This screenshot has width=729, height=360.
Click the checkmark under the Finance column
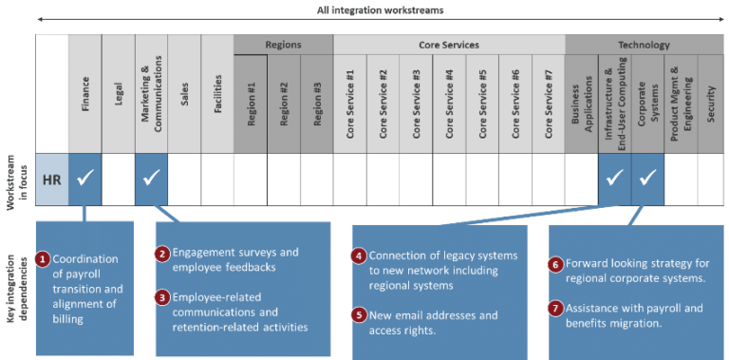pos(85,176)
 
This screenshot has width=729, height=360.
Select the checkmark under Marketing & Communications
pos(151,176)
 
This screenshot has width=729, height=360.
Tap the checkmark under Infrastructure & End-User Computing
pos(614,176)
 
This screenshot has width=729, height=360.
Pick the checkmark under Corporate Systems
pos(647,176)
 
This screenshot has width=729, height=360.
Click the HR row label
pos(52,176)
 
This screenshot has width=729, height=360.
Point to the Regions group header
pos(283,45)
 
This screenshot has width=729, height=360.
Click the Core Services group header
pos(448,45)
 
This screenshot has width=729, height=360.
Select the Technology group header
pos(644,45)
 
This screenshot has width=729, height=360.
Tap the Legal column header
pos(118,96)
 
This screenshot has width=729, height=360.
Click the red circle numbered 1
pos(42,258)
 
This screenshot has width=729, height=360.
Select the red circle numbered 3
pos(163,297)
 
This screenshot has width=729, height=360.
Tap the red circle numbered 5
pos(358,314)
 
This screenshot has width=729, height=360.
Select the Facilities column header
pos(216,96)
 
